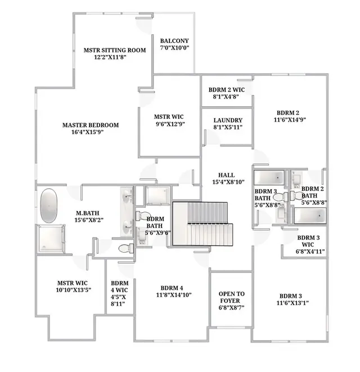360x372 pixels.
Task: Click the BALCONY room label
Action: point(174,41)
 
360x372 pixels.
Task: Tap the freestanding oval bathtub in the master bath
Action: point(49,205)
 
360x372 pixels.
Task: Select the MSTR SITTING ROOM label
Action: point(115,50)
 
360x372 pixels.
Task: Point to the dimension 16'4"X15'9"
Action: point(88,132)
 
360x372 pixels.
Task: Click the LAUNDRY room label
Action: point(228,120)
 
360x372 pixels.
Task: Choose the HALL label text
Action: point(227,175)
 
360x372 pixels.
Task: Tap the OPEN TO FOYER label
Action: point(231,297)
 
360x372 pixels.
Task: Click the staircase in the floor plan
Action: point(202,224)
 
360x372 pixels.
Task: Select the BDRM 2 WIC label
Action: point(227,90)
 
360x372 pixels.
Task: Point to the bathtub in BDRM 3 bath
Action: point(269,177)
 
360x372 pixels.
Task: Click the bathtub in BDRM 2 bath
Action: point(310,216)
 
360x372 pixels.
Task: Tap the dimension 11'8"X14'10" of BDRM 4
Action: point(174,295)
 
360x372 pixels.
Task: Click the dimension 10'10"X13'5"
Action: point(74,290)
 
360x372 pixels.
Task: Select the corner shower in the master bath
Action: point(51,239)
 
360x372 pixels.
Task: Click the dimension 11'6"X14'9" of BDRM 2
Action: point(290,119)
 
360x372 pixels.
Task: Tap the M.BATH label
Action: point(88,213)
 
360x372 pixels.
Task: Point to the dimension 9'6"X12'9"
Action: point(170,124)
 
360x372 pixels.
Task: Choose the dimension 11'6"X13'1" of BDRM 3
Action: point(292,303)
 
